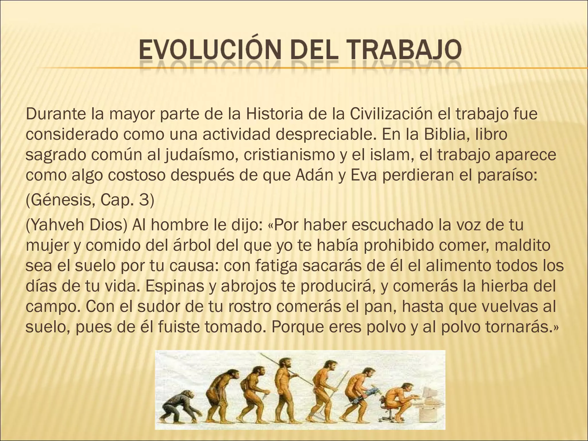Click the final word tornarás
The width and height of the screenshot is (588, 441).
517,327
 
